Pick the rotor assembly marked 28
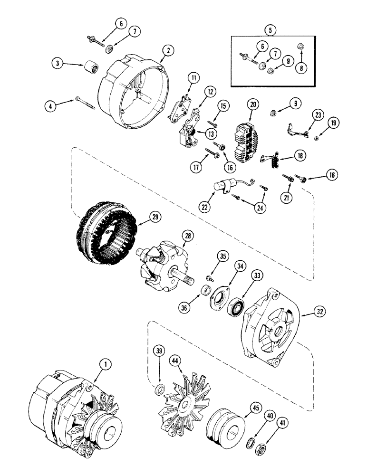[162, 266]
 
